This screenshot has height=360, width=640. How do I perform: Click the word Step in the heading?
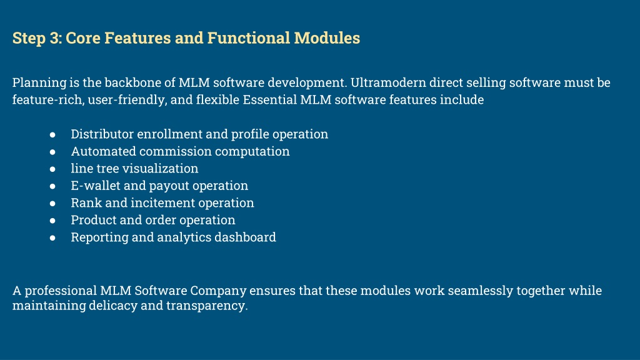click(29, 38)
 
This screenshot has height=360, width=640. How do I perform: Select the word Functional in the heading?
click(249, 38)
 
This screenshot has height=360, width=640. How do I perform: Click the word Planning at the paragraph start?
click(39, 83)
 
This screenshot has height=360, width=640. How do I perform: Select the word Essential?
click(270, 99)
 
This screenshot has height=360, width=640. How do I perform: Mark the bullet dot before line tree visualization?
click(52, 169)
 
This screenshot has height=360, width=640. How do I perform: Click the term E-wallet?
click(96, 185)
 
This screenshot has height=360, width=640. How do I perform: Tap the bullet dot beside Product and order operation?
click(52, 220)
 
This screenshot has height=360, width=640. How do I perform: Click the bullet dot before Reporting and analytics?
click(52, 237)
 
